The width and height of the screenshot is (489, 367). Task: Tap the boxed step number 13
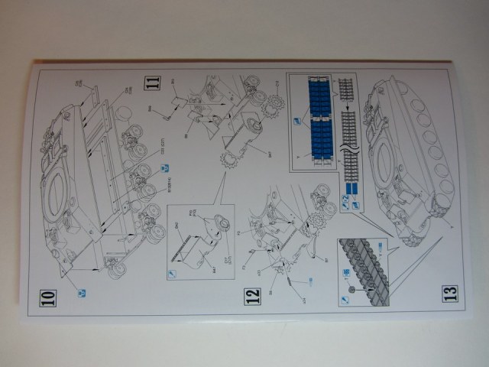450,292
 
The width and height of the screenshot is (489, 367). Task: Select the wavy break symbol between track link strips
345,141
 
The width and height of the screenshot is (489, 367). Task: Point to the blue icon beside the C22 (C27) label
163,167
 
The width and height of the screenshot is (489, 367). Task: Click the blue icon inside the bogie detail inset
173,272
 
